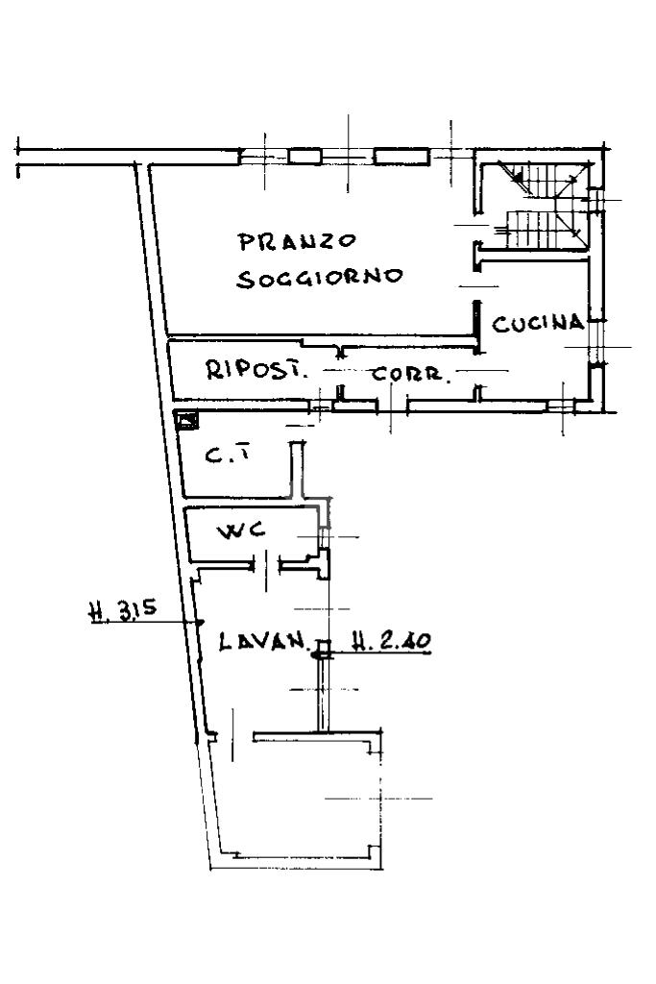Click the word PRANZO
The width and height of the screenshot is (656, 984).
(x=298, y=241)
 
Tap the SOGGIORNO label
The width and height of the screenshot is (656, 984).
(x=320, y=278)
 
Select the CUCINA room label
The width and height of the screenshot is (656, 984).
(x=538, y=323)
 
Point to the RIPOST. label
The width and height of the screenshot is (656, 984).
(x=257, y=370)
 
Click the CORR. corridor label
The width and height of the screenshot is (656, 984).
(x=411, y=375)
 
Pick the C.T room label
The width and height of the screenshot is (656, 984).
(x=228, y=455)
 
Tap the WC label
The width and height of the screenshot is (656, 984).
(x=241, y=531)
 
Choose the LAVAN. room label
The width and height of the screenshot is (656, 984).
(x=264, y=642)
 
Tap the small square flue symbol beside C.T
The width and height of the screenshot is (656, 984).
(x=187, y=420)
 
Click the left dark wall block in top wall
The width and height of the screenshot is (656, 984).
(x=304, y=156)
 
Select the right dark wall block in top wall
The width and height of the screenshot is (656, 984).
(x=401, y=156)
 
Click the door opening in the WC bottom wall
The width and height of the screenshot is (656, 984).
(x=267, y=566)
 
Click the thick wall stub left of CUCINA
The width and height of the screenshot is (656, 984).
(x=478, y=327)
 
